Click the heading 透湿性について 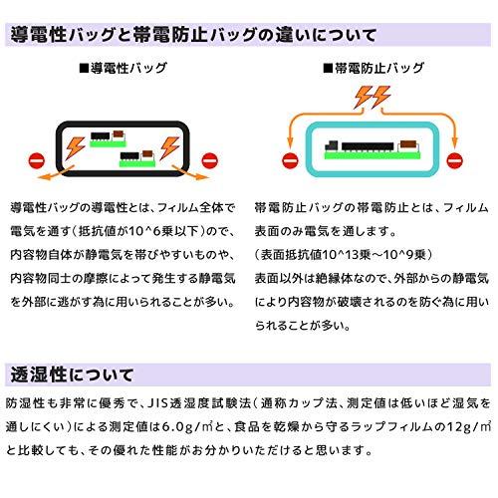tap(72, 375)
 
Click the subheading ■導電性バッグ tap(124, 68)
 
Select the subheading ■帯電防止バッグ tap(373, 68)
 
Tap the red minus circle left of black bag tap(37, 161)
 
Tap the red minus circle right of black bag tap(210, 161)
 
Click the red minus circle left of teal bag tap(290, 161)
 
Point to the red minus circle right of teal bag tap(454, 161)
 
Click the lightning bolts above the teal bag tap(373, 97)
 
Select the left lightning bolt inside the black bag tap(76, 147)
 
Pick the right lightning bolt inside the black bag tap(169, 147)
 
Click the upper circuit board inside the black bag tap(109, 138)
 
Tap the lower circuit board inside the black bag tap(137, 158)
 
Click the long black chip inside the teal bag tap(368, 146)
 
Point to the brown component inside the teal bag tap(408, 144)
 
